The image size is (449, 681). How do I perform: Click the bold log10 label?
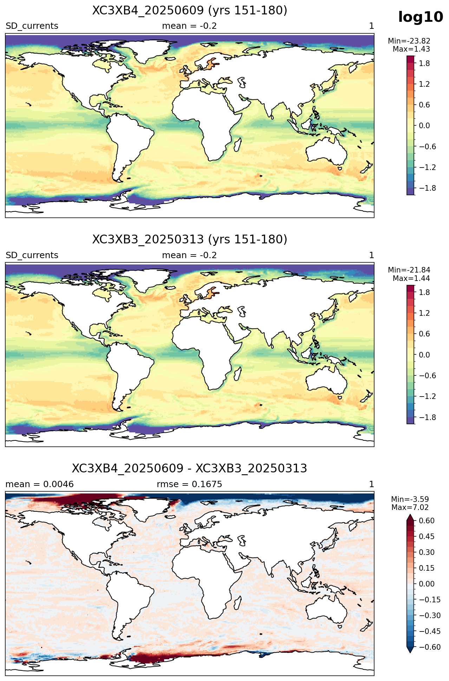[421, 17]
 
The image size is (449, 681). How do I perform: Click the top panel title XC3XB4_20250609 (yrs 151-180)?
[190, 11]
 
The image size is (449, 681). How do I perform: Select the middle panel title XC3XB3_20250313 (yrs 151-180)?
[190, 240]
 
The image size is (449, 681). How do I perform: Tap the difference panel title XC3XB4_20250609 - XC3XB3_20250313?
[190, 469]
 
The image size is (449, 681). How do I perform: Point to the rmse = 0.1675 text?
[189, 484]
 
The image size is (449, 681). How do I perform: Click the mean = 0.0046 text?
[40, 484]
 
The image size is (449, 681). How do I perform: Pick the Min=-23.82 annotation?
[409, 41]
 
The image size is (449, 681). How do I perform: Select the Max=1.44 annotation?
[411, 279]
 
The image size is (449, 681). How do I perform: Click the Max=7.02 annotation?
[410, 508]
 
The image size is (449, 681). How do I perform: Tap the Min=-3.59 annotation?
[410, 499]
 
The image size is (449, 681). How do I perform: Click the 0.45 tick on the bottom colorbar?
[427, 537]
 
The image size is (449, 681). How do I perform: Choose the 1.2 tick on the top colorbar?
[424, 84]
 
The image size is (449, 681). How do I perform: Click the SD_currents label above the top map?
[32, 26]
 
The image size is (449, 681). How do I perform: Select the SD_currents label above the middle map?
[32, 255]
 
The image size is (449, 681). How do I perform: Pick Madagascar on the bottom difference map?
[238, 602]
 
